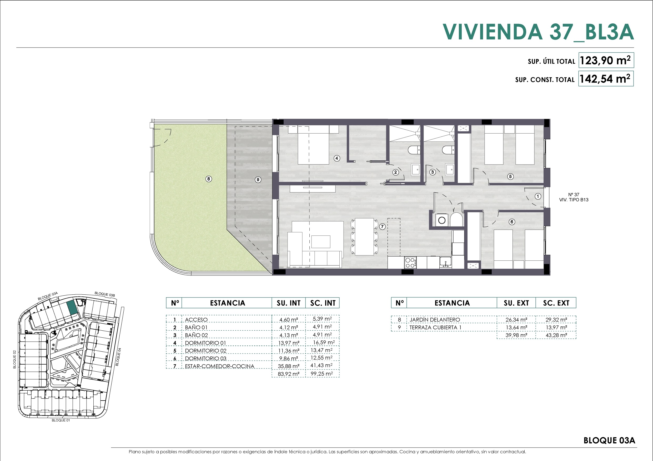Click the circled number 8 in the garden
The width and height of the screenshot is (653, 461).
click(x=209, y=179)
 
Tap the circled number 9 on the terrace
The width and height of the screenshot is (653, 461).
click(x=258, y=180)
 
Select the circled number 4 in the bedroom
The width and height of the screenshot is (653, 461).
click(x=337, y=158)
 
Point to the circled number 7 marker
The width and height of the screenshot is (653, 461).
click(x=383, y=226)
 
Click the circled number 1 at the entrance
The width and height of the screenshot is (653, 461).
click(x=538, y=196)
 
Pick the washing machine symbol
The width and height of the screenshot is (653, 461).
click(x=442, y=220)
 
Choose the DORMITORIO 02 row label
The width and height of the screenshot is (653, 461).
click(x=206, y=351)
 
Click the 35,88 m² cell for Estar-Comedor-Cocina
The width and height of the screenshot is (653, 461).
click(x=289, y=366)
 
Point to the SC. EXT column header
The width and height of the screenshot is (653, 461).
click(x=556, y=303)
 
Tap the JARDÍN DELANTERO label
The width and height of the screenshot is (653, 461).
click(x=435, y=320)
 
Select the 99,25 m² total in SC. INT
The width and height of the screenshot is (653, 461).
click(x=322, y=374)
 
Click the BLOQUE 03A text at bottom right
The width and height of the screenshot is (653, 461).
click(x=609, y=440)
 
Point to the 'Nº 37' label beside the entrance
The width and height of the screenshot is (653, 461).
click(x=574, y=194)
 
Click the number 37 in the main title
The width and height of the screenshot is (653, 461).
click(x=561, y=32)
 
